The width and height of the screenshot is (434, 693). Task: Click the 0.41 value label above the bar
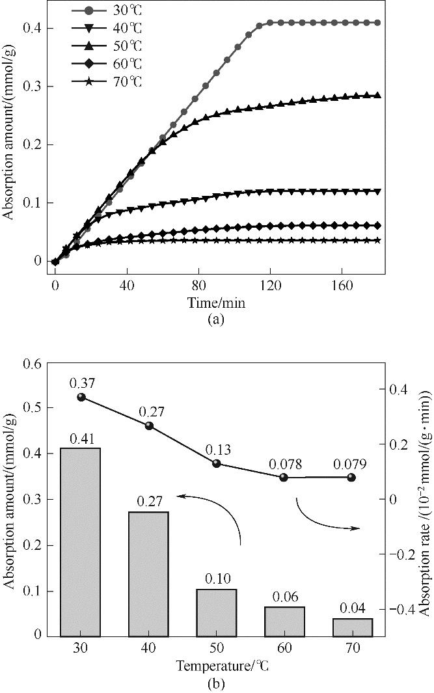80,438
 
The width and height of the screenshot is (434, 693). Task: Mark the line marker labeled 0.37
81,397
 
